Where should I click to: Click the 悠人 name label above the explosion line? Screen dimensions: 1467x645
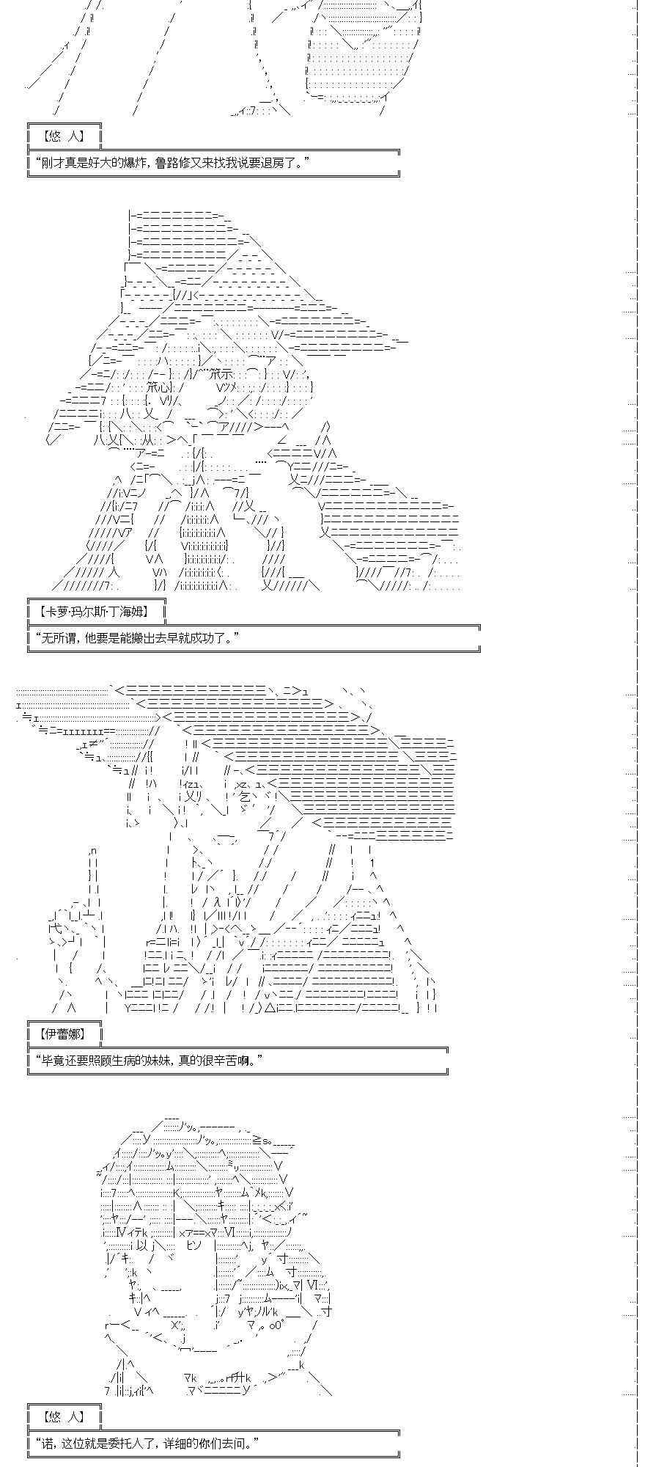click(x=64, y=136)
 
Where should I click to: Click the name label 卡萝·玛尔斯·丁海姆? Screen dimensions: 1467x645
click(x=96, y=610)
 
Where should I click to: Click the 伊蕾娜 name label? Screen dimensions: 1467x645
click(x=64, y=1034)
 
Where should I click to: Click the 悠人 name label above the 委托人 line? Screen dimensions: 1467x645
click(x=64, y=1416)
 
